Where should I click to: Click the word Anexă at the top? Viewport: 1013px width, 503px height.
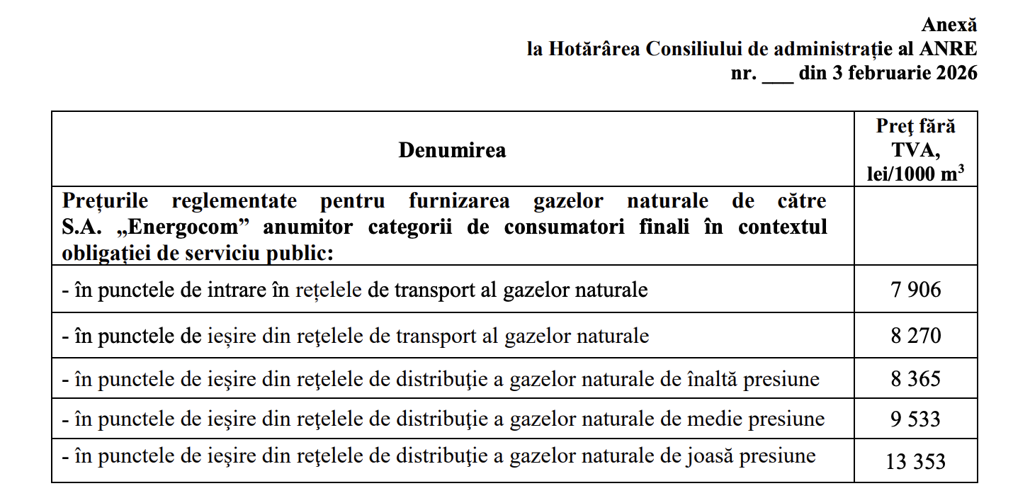tap(949, 25)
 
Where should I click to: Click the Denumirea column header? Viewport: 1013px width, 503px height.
tap(452, 150)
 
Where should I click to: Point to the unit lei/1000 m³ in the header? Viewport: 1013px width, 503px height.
tap(915, 174)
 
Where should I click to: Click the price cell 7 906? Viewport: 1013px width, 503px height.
tap(915, 290)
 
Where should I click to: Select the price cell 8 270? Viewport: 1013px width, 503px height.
tap(915, 335)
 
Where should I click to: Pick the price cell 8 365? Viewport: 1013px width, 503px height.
tap(915, 379)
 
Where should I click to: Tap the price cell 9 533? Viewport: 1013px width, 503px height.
tap(915, 419)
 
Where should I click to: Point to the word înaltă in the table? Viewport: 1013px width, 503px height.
tap(711, 379)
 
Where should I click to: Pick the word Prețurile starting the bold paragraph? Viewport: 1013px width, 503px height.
tap(105, 200)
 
